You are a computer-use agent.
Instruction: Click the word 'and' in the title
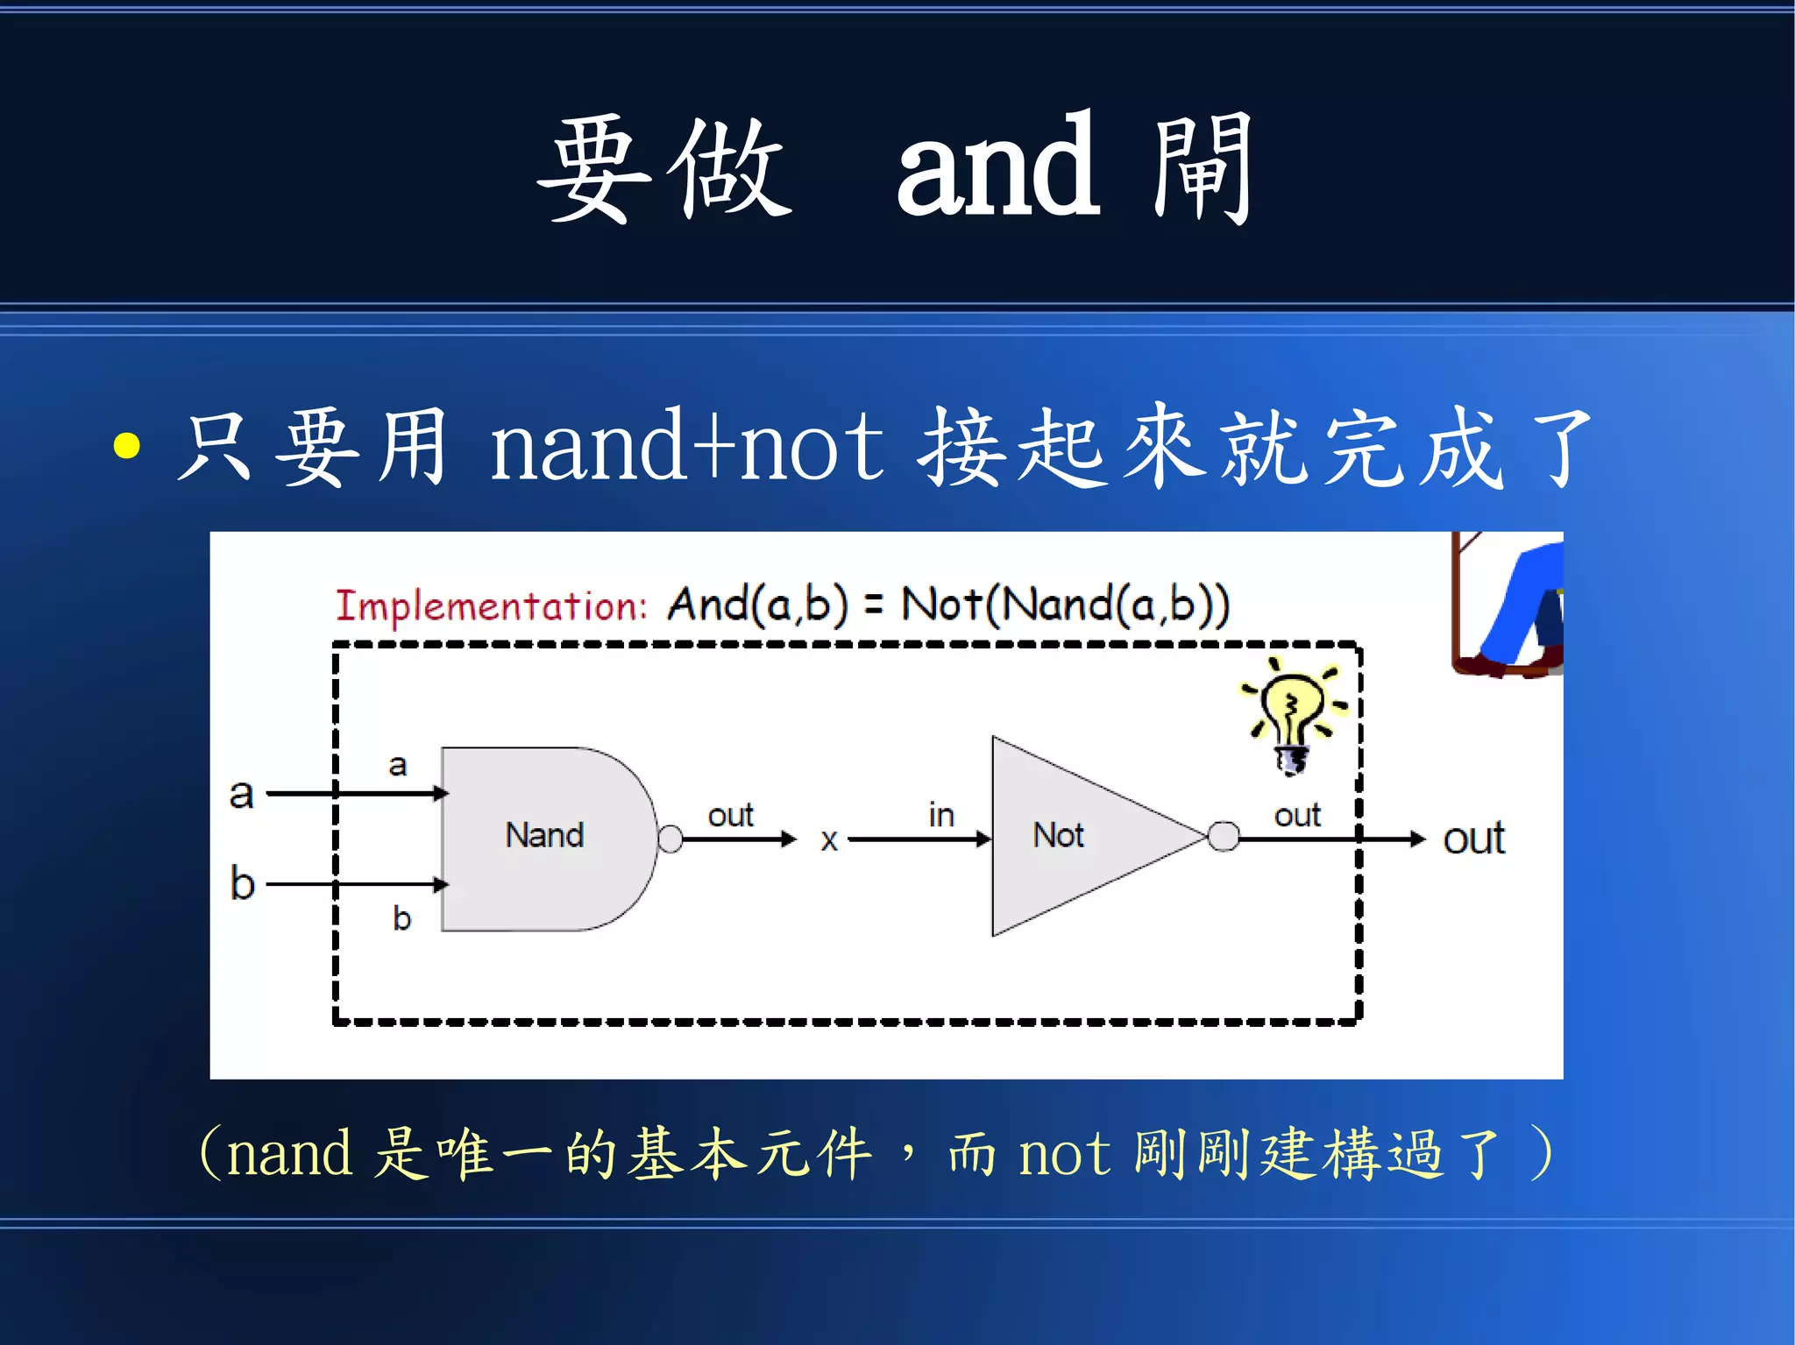coord(997,168)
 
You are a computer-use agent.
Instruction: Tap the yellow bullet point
coord(127,445)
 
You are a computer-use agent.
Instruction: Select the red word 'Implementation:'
coord(491,606)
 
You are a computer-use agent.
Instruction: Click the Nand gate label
coord(544,835)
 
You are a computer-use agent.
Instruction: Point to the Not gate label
coord(1058,835)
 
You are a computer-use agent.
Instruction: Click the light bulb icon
coord(1291,714)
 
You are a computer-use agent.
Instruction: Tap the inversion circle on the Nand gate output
coord(670,839)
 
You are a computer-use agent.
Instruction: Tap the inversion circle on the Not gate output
coord(1223,836)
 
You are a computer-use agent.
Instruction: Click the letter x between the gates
coord(829,840)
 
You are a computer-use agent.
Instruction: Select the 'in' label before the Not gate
coord(941,816)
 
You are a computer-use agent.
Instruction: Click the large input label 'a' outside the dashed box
coord(241,794)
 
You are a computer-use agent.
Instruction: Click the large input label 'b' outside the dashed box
coord(242,882)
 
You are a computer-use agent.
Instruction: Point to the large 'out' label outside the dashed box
coord(1473,839)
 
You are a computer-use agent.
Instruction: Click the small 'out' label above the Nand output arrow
coord(730,816)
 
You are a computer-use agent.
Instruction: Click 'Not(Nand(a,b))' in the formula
coord(1065,605)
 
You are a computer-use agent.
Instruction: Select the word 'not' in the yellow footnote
coord(1064,1154)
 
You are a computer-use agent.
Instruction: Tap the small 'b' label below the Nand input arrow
coord(401,918)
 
